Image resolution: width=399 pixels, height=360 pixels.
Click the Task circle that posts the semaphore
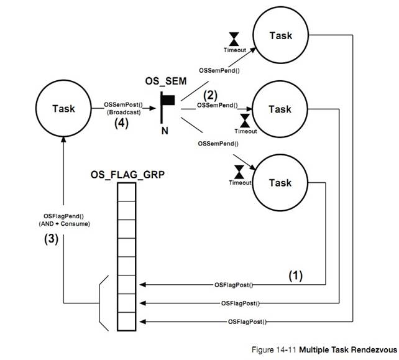pos(63,109)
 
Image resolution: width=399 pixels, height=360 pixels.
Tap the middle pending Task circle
pos(279,109)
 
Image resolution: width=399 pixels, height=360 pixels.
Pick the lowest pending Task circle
pos(279,183)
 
